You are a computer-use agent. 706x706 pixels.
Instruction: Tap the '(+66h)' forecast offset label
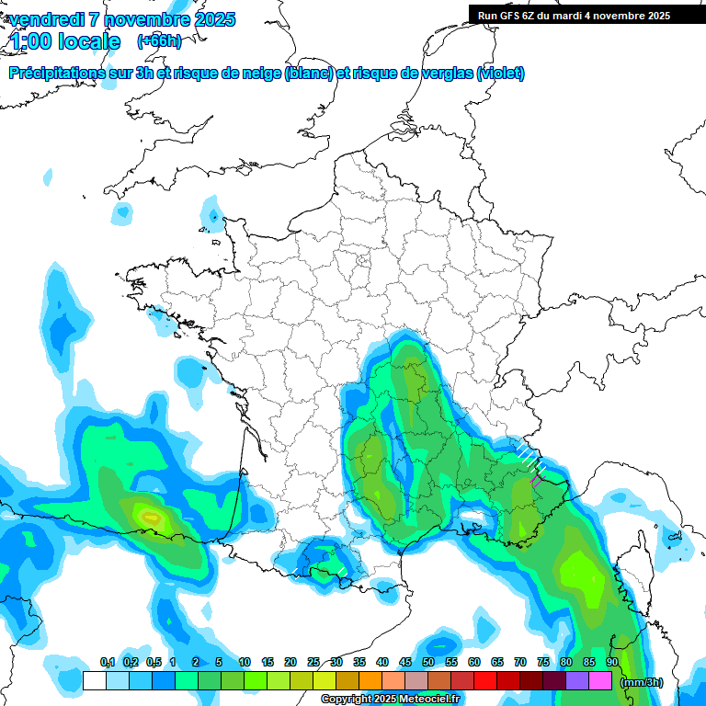159,40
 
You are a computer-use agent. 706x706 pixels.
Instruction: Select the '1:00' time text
29,41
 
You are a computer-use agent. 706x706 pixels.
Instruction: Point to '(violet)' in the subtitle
500,74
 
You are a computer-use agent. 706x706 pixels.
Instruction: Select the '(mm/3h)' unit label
642,682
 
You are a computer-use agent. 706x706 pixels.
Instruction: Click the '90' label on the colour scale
612,662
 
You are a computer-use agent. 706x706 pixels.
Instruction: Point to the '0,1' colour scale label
108,662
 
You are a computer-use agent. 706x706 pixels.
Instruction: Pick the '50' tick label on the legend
428,662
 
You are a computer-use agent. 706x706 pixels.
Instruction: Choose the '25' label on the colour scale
313,662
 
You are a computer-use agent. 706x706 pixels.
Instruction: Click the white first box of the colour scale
94,681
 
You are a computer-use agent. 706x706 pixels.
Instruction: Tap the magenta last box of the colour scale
601,681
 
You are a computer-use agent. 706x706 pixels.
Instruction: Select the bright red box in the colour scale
485,681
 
